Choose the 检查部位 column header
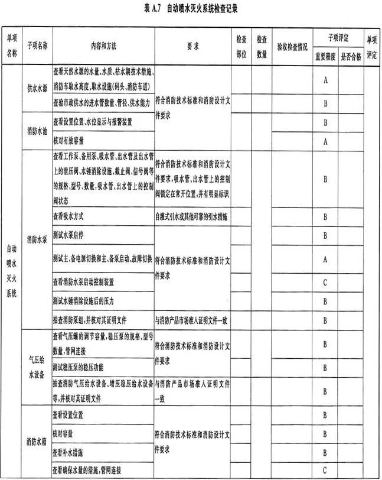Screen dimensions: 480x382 tap(241, 45)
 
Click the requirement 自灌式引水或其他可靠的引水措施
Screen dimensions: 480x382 tap(190, 217)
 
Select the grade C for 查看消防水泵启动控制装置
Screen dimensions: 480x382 tap(325, 282)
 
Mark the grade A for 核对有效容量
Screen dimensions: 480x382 tap(325, 141)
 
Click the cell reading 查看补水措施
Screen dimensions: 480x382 tap(68, 452)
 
